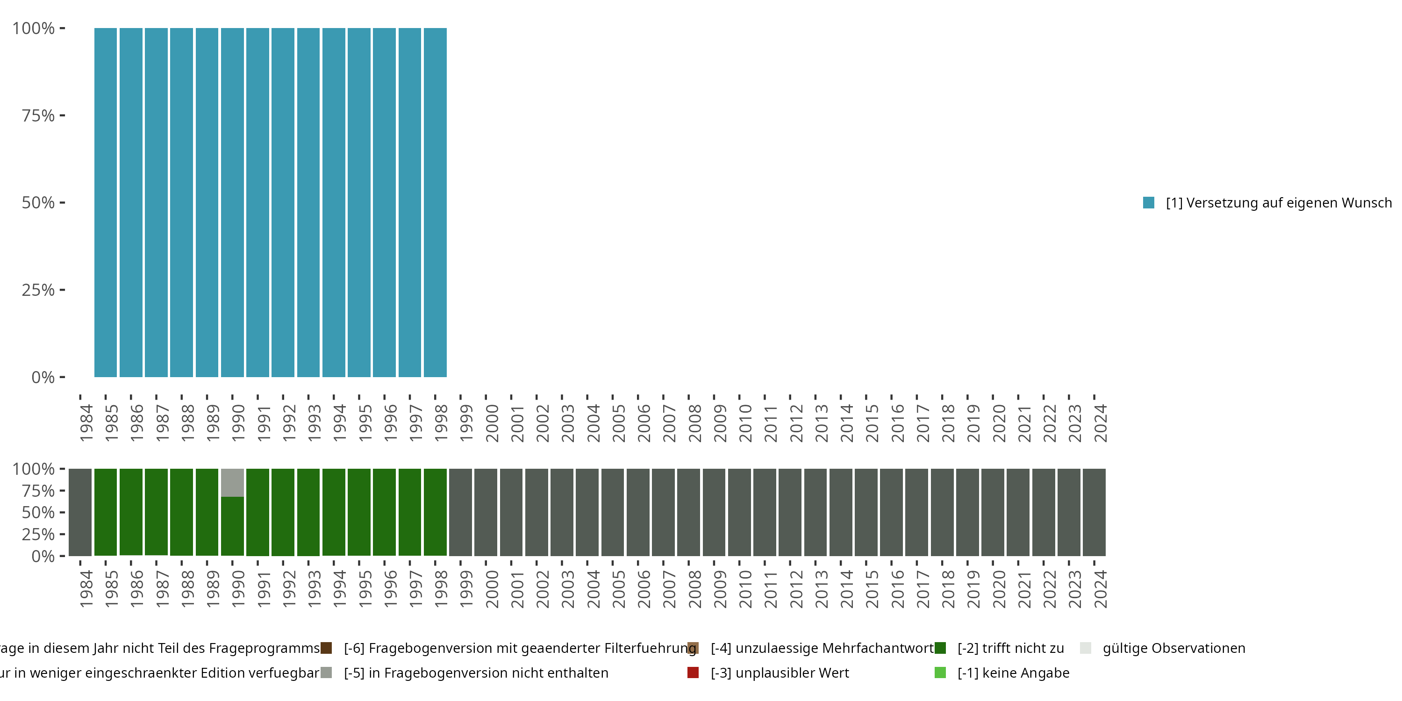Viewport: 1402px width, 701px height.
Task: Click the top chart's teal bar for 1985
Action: point(106,202)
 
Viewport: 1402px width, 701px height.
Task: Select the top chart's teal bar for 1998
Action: point(435,202)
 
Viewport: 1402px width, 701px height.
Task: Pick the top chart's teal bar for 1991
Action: point(258,202)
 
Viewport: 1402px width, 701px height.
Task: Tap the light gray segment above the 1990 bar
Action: point(232,482)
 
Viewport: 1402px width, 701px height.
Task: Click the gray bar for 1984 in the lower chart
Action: point(80,512)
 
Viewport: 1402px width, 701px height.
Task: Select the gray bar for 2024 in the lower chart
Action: point(1094,512)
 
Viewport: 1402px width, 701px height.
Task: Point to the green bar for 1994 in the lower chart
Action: point(334,512)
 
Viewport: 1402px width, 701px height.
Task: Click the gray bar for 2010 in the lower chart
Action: point(739,512)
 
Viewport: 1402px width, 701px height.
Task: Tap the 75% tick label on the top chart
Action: point(38,115)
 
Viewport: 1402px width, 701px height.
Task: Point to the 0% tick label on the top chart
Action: point(43,377)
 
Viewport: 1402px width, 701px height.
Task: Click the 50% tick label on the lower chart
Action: point(38,513)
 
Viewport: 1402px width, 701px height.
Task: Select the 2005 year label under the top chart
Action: point(619,423)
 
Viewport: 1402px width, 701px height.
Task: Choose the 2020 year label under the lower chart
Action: point(999,589)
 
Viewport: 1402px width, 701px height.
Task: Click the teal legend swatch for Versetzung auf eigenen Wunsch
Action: point(1148,202)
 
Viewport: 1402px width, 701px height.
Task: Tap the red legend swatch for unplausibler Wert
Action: point(693,672)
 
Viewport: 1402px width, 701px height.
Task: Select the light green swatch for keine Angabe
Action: point(940,672)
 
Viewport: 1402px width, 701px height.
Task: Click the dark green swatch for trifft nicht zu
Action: point(940,648)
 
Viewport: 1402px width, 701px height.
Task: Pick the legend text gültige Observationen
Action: point(1173,648)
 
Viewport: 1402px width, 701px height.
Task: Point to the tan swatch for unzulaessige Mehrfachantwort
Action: point(693,648)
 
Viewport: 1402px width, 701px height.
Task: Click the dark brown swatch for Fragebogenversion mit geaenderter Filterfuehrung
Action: point(326,648)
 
